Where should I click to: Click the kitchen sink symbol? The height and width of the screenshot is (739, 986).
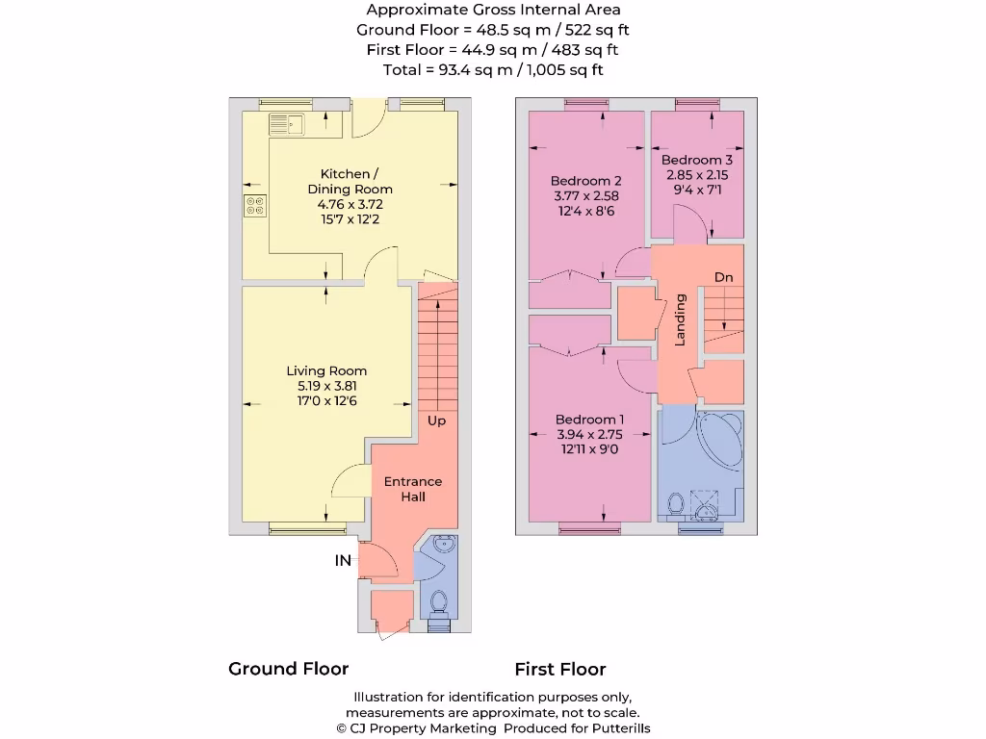(x=286, y=124)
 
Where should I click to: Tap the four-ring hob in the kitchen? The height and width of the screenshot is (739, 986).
(x=256, y=205)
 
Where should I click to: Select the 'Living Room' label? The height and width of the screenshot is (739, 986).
(x=326, y=370)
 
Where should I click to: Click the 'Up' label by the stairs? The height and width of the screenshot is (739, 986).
(x=436, y=420)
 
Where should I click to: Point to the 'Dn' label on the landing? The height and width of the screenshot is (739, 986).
(x=723, y=277)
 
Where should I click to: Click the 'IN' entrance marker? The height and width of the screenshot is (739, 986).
(x=343, y=560)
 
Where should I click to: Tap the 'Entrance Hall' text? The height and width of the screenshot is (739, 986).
(x=413, y=489)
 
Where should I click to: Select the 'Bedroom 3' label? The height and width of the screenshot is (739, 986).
(x=697, y=160)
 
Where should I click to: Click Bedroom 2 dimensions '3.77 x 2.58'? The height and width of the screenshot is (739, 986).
(x=585, y=196)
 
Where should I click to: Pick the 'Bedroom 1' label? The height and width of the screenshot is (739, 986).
(x=589, y=420)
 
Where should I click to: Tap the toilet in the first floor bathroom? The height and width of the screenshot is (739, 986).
(x=676, y=502)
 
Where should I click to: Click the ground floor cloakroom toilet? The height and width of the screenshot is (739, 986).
(x=439, y=601)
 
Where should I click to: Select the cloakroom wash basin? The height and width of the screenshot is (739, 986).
(x=445, y=546)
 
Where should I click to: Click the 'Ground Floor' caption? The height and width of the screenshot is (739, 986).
(x=288, y=669)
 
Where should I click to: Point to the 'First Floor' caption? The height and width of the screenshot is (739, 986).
(x=559, y=669)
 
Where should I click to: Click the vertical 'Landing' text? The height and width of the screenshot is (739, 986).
(x=680, y=320)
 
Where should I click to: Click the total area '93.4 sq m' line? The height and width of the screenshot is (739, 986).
(x=493, y=69)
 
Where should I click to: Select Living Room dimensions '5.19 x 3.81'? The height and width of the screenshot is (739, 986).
(x=326, y=386)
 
